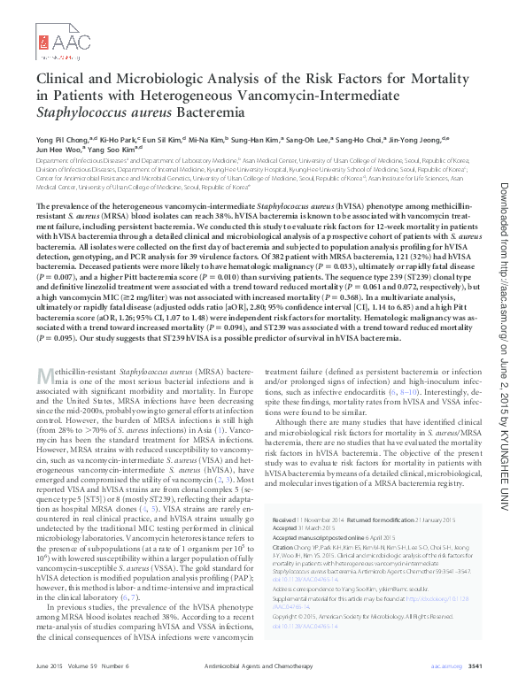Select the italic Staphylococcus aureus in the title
pos(95,112)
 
